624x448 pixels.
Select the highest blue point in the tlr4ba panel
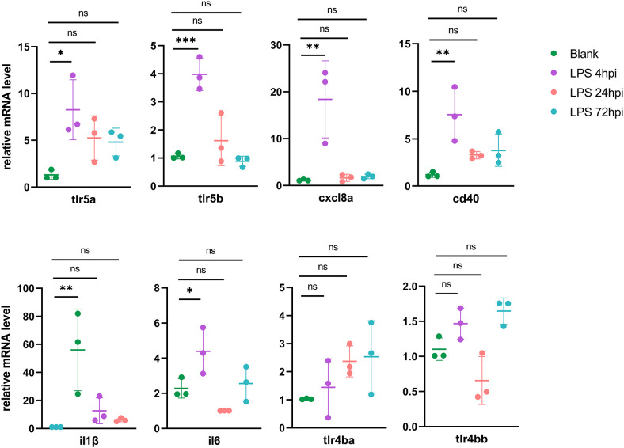coord(370,323)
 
